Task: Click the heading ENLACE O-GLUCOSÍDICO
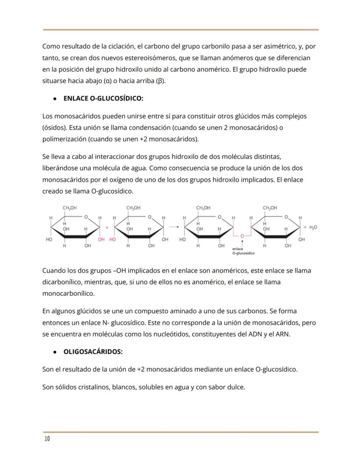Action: (x=103, y=98)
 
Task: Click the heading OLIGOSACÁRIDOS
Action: (x=93, y=351)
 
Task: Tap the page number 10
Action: (x=47, y=439)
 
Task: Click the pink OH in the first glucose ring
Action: (x=101, y=239)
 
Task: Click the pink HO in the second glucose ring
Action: (x=113, y=239)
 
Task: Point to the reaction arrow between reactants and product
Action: (x=174, y=227)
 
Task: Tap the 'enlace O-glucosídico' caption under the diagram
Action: (x=243, y=251)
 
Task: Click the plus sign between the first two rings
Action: (x=107, y=227)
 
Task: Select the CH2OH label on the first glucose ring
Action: (x=70, y=208)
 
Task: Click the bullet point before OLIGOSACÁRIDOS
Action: (x=54, y=352)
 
